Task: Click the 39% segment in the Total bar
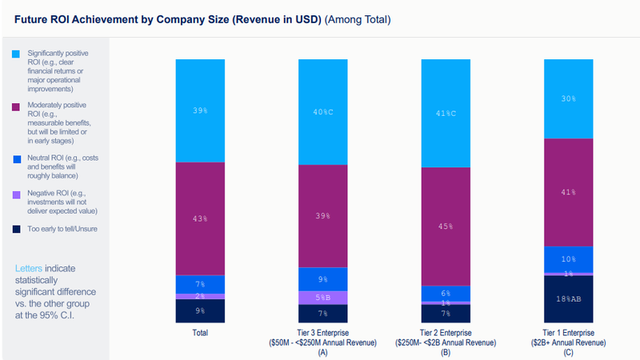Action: pos(200,110)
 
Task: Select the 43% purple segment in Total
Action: pos(200,218)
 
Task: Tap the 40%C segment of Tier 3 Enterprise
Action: pos(322,111)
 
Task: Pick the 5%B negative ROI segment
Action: pos(322,297)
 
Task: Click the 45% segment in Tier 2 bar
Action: pos(446,226)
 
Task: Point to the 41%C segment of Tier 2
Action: pos(446,113)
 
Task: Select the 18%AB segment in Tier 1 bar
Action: pos(568,298)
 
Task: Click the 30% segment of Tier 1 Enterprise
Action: pos(568,99)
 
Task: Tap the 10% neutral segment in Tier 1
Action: pos(568,259)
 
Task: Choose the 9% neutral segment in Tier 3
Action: pos(322,279)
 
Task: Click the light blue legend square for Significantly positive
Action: pos(16,54)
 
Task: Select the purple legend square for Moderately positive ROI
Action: pos(16,105)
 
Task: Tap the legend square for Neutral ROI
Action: pos(16,158)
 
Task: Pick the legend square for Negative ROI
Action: pos(16,194)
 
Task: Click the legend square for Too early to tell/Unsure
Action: pos(16,229)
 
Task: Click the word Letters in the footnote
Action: pos(29,268)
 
